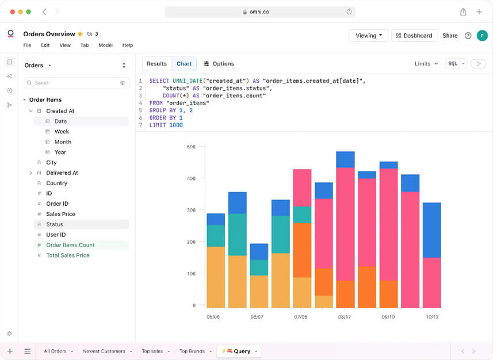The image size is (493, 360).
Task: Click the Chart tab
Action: [x=184, y=64]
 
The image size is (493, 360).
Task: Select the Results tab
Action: [x=156, y=64]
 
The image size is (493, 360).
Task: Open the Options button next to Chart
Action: [x=219, y=64]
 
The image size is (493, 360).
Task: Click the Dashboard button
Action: [x=414, y=36]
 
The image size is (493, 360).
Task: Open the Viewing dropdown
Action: [x=368, y=36]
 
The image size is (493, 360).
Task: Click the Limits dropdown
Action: [x=426, y=64]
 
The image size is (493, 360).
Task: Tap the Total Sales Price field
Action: [x=68, y=255]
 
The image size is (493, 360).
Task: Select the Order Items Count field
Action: [x=70, y=245]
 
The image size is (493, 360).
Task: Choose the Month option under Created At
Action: [x=63, y=142]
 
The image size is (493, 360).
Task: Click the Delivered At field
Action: [x=62, y=173]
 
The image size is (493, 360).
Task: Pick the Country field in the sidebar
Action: [x=56, y=183]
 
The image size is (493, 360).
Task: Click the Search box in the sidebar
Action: [x=75, y=83]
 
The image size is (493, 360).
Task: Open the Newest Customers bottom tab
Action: [x=104, y=351]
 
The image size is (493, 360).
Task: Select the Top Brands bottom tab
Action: [x=192, y=351]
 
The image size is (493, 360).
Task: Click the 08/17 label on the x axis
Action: [x=345, y=317]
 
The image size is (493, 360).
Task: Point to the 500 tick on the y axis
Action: [x=192, y=147]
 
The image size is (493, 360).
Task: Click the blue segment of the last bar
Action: [x=431, y=229]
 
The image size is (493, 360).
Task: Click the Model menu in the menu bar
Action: [x=105, y=45]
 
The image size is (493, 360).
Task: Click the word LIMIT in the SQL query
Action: [x=158, y=125]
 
